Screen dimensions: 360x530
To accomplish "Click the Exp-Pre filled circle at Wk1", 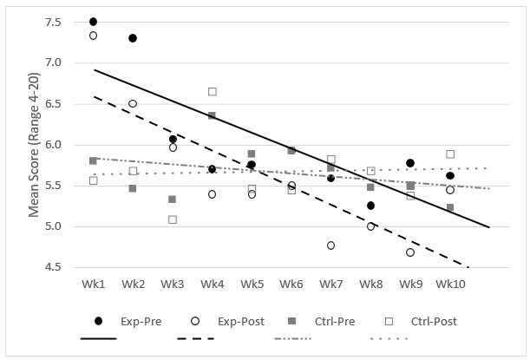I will [93, 22].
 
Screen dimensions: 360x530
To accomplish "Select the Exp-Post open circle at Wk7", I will [331, 245].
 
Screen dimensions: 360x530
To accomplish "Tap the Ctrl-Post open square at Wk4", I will [213, 91].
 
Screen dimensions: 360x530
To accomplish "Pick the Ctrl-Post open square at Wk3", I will [173, 219].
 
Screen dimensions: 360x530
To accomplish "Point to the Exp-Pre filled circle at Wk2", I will [133, 38].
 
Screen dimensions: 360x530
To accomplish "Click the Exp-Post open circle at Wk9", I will [410, 252].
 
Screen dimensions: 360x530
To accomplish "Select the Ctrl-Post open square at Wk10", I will [450, 154].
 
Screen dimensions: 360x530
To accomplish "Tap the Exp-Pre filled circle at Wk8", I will [370, 206].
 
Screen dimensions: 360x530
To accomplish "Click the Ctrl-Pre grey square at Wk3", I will [173, 199].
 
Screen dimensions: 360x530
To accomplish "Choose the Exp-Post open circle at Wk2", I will [133, 103].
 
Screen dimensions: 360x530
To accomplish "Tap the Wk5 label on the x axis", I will [252, 284].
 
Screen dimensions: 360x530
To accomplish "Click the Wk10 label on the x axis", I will [450, 284].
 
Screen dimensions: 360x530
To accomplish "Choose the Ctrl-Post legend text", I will [433, 321].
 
